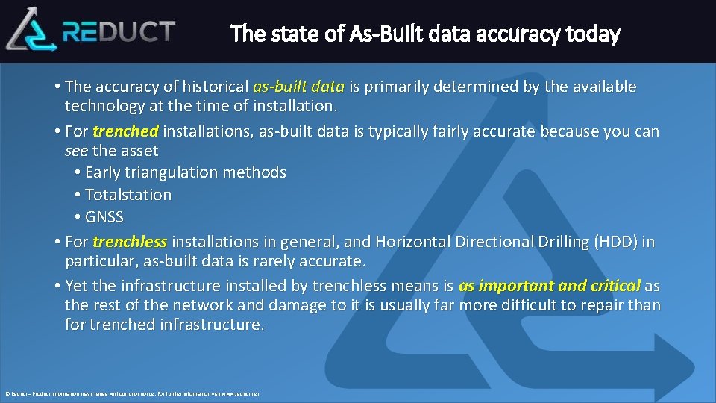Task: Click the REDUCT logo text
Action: click(119, 31)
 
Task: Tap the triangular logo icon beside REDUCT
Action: click(31, 30)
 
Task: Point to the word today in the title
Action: click(592, 34)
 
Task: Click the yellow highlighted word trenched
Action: click(125, 131)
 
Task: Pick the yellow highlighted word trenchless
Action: click(130, 242)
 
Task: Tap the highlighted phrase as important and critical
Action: click(550, 286)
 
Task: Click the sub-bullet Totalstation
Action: click(128, 195)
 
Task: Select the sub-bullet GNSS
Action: click(104, 217)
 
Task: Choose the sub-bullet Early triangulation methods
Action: click(186, 172)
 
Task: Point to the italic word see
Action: click(77, 151)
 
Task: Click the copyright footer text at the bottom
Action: click(132, 393)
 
